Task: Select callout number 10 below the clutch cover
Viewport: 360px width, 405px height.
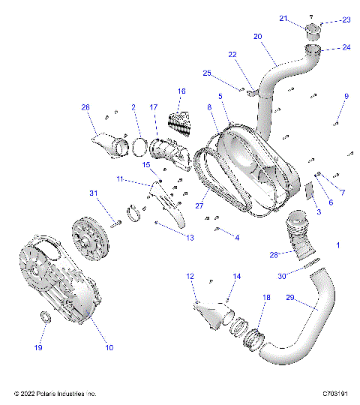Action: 109,347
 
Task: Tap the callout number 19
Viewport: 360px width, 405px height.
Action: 40,349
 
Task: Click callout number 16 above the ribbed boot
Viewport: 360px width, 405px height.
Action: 181,91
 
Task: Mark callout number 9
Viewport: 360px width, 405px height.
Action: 346,96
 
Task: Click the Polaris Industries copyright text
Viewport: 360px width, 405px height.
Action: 55,393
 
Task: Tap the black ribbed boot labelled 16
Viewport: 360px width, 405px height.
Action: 177,120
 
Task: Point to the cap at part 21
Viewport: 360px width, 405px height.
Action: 312,31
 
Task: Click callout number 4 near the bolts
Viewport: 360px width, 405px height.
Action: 237,238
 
